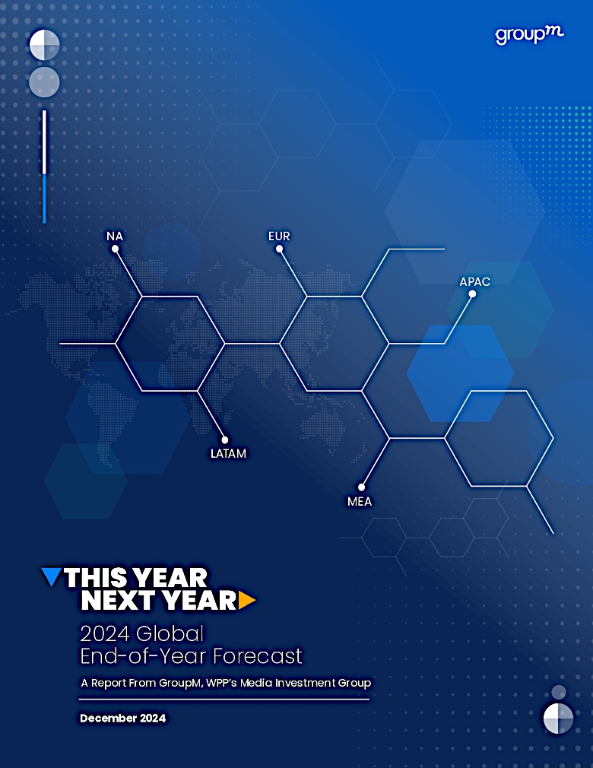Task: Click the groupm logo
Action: coord(529,35)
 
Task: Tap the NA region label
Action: coord(115,236)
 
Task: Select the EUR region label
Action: coord(279,236)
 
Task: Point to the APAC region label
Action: coord(474,281)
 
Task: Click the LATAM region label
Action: coord(228,453)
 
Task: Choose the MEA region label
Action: coord(360,502)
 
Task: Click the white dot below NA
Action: coord(115,249)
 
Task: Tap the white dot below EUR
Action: coord(279,249)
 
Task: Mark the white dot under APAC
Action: coord(472,294)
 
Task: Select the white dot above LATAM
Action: coord(225,440)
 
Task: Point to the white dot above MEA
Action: coord(361,487)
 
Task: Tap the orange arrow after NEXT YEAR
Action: coord(247,601)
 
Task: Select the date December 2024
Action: coord(123,718)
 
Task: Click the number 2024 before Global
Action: coord(105,634)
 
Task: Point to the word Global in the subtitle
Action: coord(170,634)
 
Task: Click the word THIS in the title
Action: coord(93,577)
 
